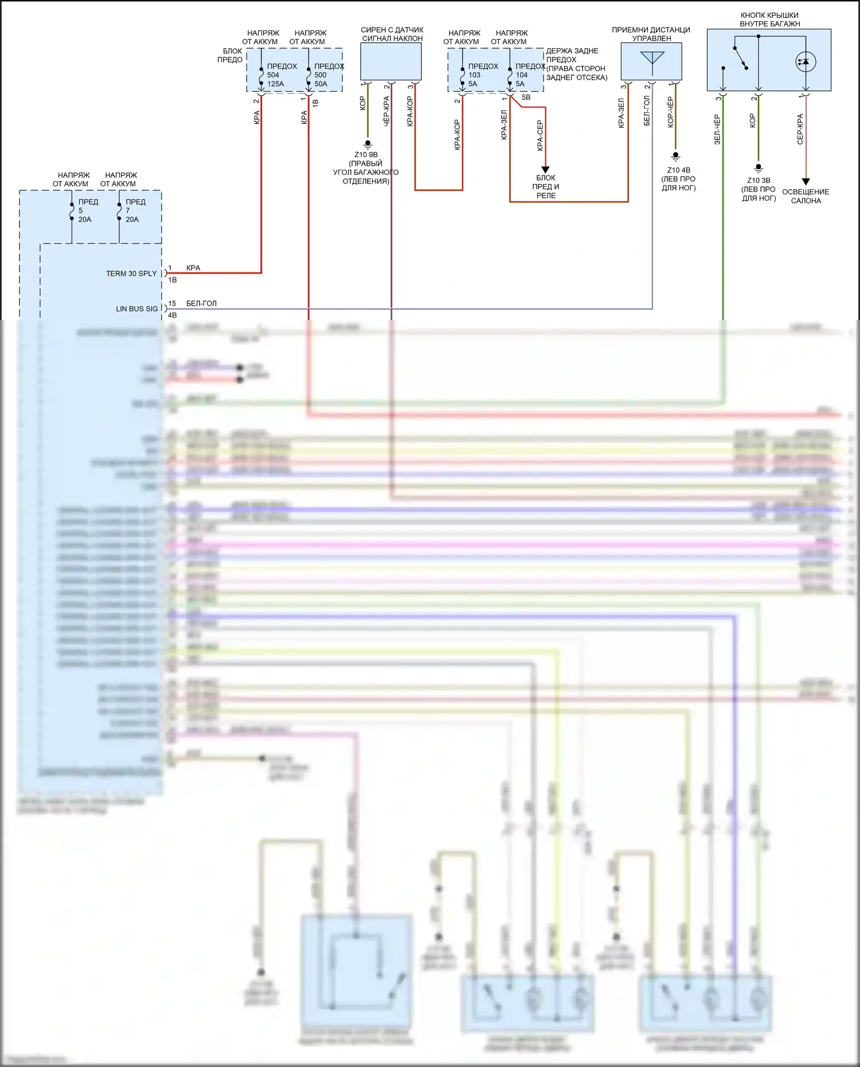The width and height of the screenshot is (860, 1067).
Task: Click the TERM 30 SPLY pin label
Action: pyautogui.click(x=131, y=273)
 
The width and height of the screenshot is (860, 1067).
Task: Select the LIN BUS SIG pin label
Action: pyautogui.click(x=136, y=308)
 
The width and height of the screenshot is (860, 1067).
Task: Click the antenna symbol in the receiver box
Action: pyautogui.click(x=652, y=60)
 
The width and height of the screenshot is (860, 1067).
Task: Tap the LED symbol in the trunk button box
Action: pyautogui.click(x=806, y=61)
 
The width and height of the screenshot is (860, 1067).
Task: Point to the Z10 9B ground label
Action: pyautogui.click(x=366, y=155)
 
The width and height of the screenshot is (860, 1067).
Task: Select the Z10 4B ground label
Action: pyautogui.click(x=678, y=170)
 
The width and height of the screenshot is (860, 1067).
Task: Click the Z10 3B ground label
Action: pyautogui.click(x=759, y=181)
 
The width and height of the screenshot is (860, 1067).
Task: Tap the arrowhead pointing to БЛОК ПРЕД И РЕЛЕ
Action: pyautogui.click(x=545, y=170)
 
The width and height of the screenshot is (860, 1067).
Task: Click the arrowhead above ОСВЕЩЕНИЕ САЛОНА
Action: pyautogui.click(x=806, y=182)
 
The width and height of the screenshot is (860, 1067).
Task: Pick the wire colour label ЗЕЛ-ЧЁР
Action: pyautogui.click(x=717, y=129)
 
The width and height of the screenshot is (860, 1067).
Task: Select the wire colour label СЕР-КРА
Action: pyautogui.click(x=800, y=129)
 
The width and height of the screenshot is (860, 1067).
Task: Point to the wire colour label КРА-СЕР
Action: pyautogui.click(x=540, y=135)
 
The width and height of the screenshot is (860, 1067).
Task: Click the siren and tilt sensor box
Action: pyautogui.click(x=391, y=62)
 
